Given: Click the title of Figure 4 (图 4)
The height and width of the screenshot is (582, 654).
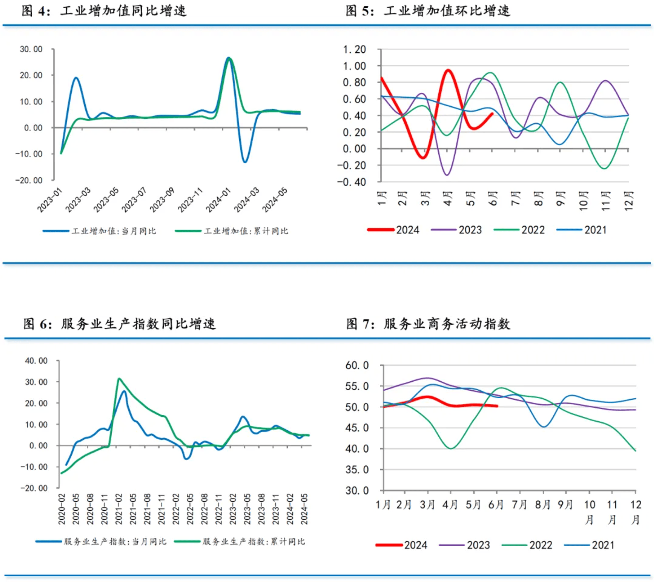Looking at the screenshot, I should [104, 11].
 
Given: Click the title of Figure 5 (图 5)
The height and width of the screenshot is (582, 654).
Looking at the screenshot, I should [428, 11].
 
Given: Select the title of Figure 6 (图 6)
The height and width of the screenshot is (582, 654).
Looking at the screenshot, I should [120, 324].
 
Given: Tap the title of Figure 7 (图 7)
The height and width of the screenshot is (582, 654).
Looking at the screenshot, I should [428, 324].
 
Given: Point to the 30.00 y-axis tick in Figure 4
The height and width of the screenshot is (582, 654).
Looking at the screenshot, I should [31, 49].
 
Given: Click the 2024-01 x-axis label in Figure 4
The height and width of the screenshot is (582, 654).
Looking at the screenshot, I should [219, 200].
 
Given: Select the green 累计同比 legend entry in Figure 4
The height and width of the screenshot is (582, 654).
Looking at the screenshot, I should [232, 231].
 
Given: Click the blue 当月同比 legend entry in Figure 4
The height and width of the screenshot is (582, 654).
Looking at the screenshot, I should [99, 231].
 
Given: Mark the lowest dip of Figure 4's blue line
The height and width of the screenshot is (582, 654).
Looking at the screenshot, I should [245, 162].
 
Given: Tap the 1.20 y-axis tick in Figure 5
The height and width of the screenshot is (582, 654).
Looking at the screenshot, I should [355, 49].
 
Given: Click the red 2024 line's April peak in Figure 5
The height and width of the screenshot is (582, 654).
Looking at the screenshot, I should [448, 70].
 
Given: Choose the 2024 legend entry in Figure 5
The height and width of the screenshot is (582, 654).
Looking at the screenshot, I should [393, 230].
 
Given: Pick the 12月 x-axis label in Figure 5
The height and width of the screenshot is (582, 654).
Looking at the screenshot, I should [628, 201].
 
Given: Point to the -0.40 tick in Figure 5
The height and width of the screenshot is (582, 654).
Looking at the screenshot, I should [352, 182].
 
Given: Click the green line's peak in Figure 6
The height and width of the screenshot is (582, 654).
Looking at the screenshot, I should [119, 378].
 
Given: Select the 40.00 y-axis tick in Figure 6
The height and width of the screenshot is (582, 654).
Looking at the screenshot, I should [36, 361].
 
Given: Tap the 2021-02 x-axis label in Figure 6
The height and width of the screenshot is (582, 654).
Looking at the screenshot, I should [119, 509].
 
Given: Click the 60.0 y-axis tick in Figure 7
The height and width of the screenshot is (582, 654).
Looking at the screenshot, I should [357, 366].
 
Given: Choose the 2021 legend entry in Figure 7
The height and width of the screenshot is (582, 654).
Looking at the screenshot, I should [590, 545].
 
